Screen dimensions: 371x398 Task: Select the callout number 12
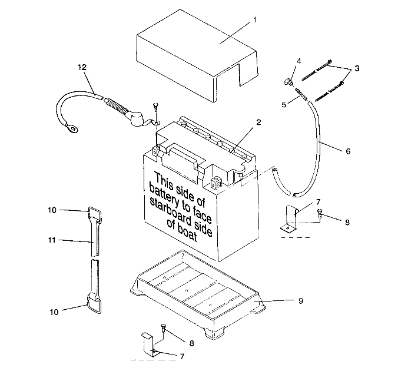click(x=82, y=67)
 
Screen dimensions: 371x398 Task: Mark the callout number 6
click(x=347, y=151)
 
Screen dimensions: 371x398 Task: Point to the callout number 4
click(x=298, y=61)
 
